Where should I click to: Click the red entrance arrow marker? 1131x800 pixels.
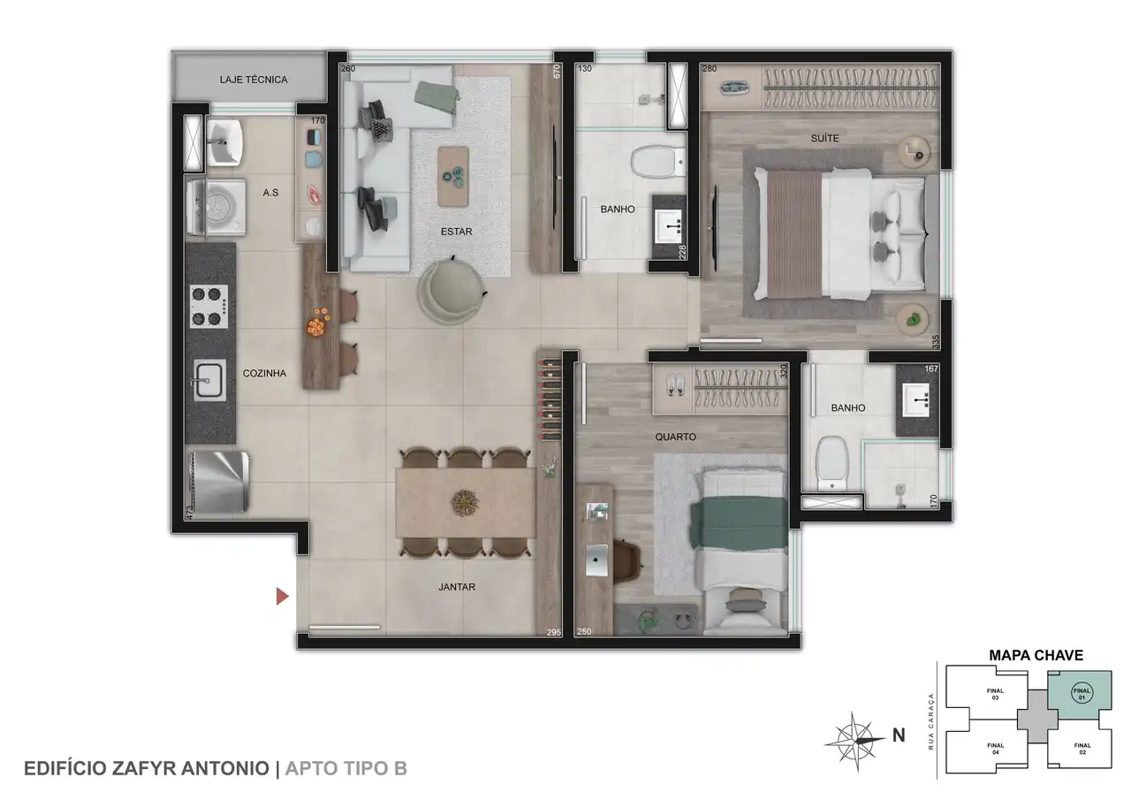(x=282, y=597)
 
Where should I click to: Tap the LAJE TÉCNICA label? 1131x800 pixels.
(x=254, y=80)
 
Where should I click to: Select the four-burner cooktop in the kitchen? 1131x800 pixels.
(x=209, y=306)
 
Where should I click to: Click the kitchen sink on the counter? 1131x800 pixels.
(x=209, y=380)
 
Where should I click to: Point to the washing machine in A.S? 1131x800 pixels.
(x=216, y=207)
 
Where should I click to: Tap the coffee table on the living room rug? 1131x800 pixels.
(x=453, y=176)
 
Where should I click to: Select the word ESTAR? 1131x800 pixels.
(x=457, y=232)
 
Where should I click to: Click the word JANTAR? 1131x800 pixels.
(x=457, y=587)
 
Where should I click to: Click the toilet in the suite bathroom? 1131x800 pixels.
(x=658, y=161)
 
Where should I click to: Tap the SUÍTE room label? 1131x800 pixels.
(x=825, y=138)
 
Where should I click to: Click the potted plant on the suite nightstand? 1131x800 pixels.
(x=913, y=319)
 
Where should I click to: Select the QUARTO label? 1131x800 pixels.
(x=676, y=437)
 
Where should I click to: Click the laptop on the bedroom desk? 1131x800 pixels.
(x=596, y=560)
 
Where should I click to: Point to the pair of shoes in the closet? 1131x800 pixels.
(x=675, y=384)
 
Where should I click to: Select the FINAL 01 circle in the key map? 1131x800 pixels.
(x=1082, y=693)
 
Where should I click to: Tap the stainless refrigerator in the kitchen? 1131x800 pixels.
(x=218, y=482)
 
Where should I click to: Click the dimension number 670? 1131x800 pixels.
(x=557, y=71)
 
